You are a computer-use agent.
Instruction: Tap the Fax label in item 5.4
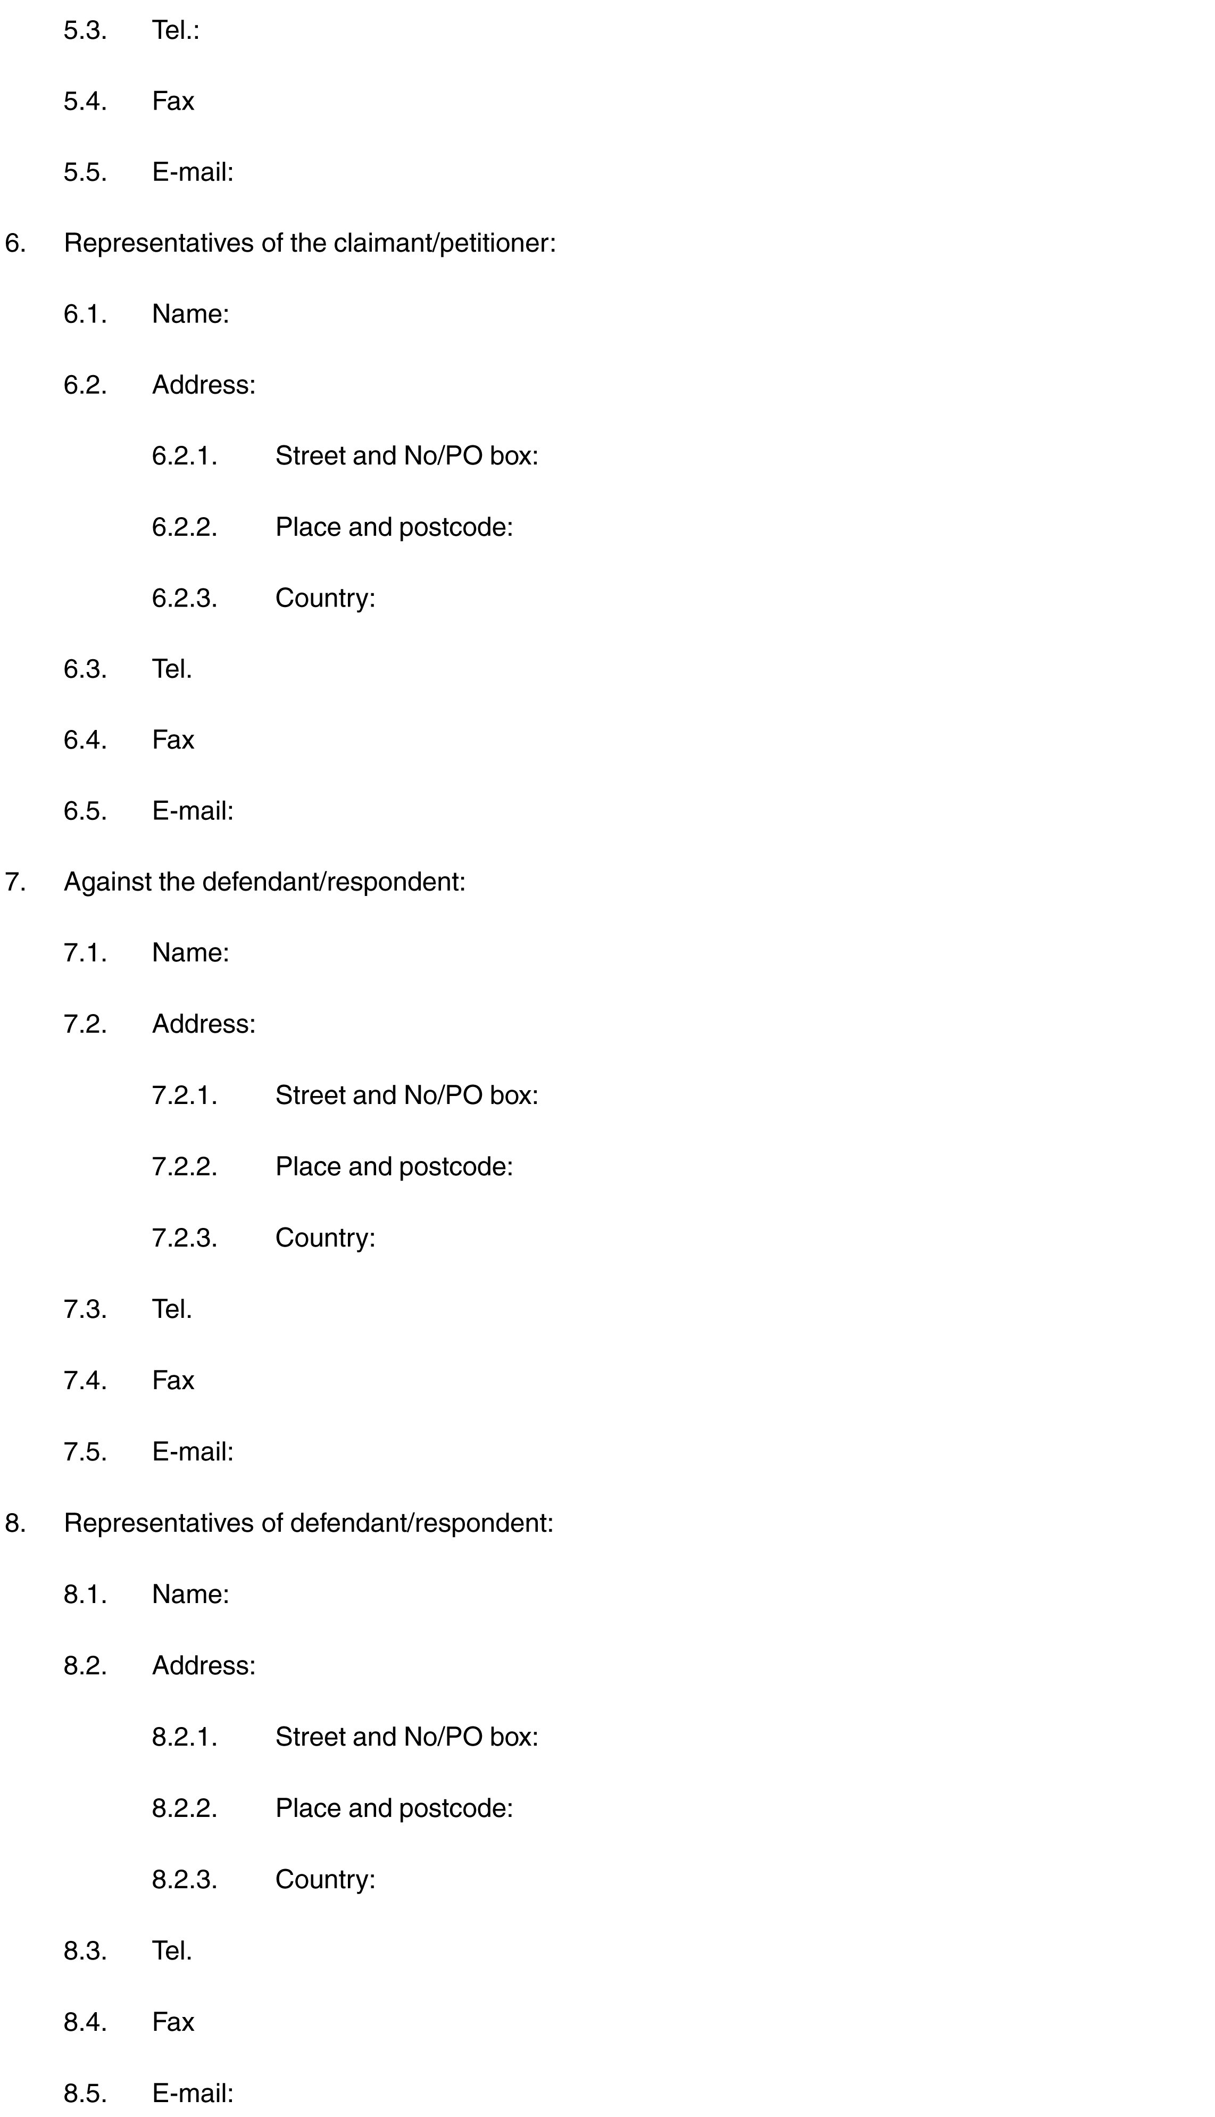click(173, 102)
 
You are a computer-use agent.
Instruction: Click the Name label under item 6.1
click(190, 314)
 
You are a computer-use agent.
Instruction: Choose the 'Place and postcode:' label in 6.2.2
click(394, 527)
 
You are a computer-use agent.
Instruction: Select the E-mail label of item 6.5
click(193, 811)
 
